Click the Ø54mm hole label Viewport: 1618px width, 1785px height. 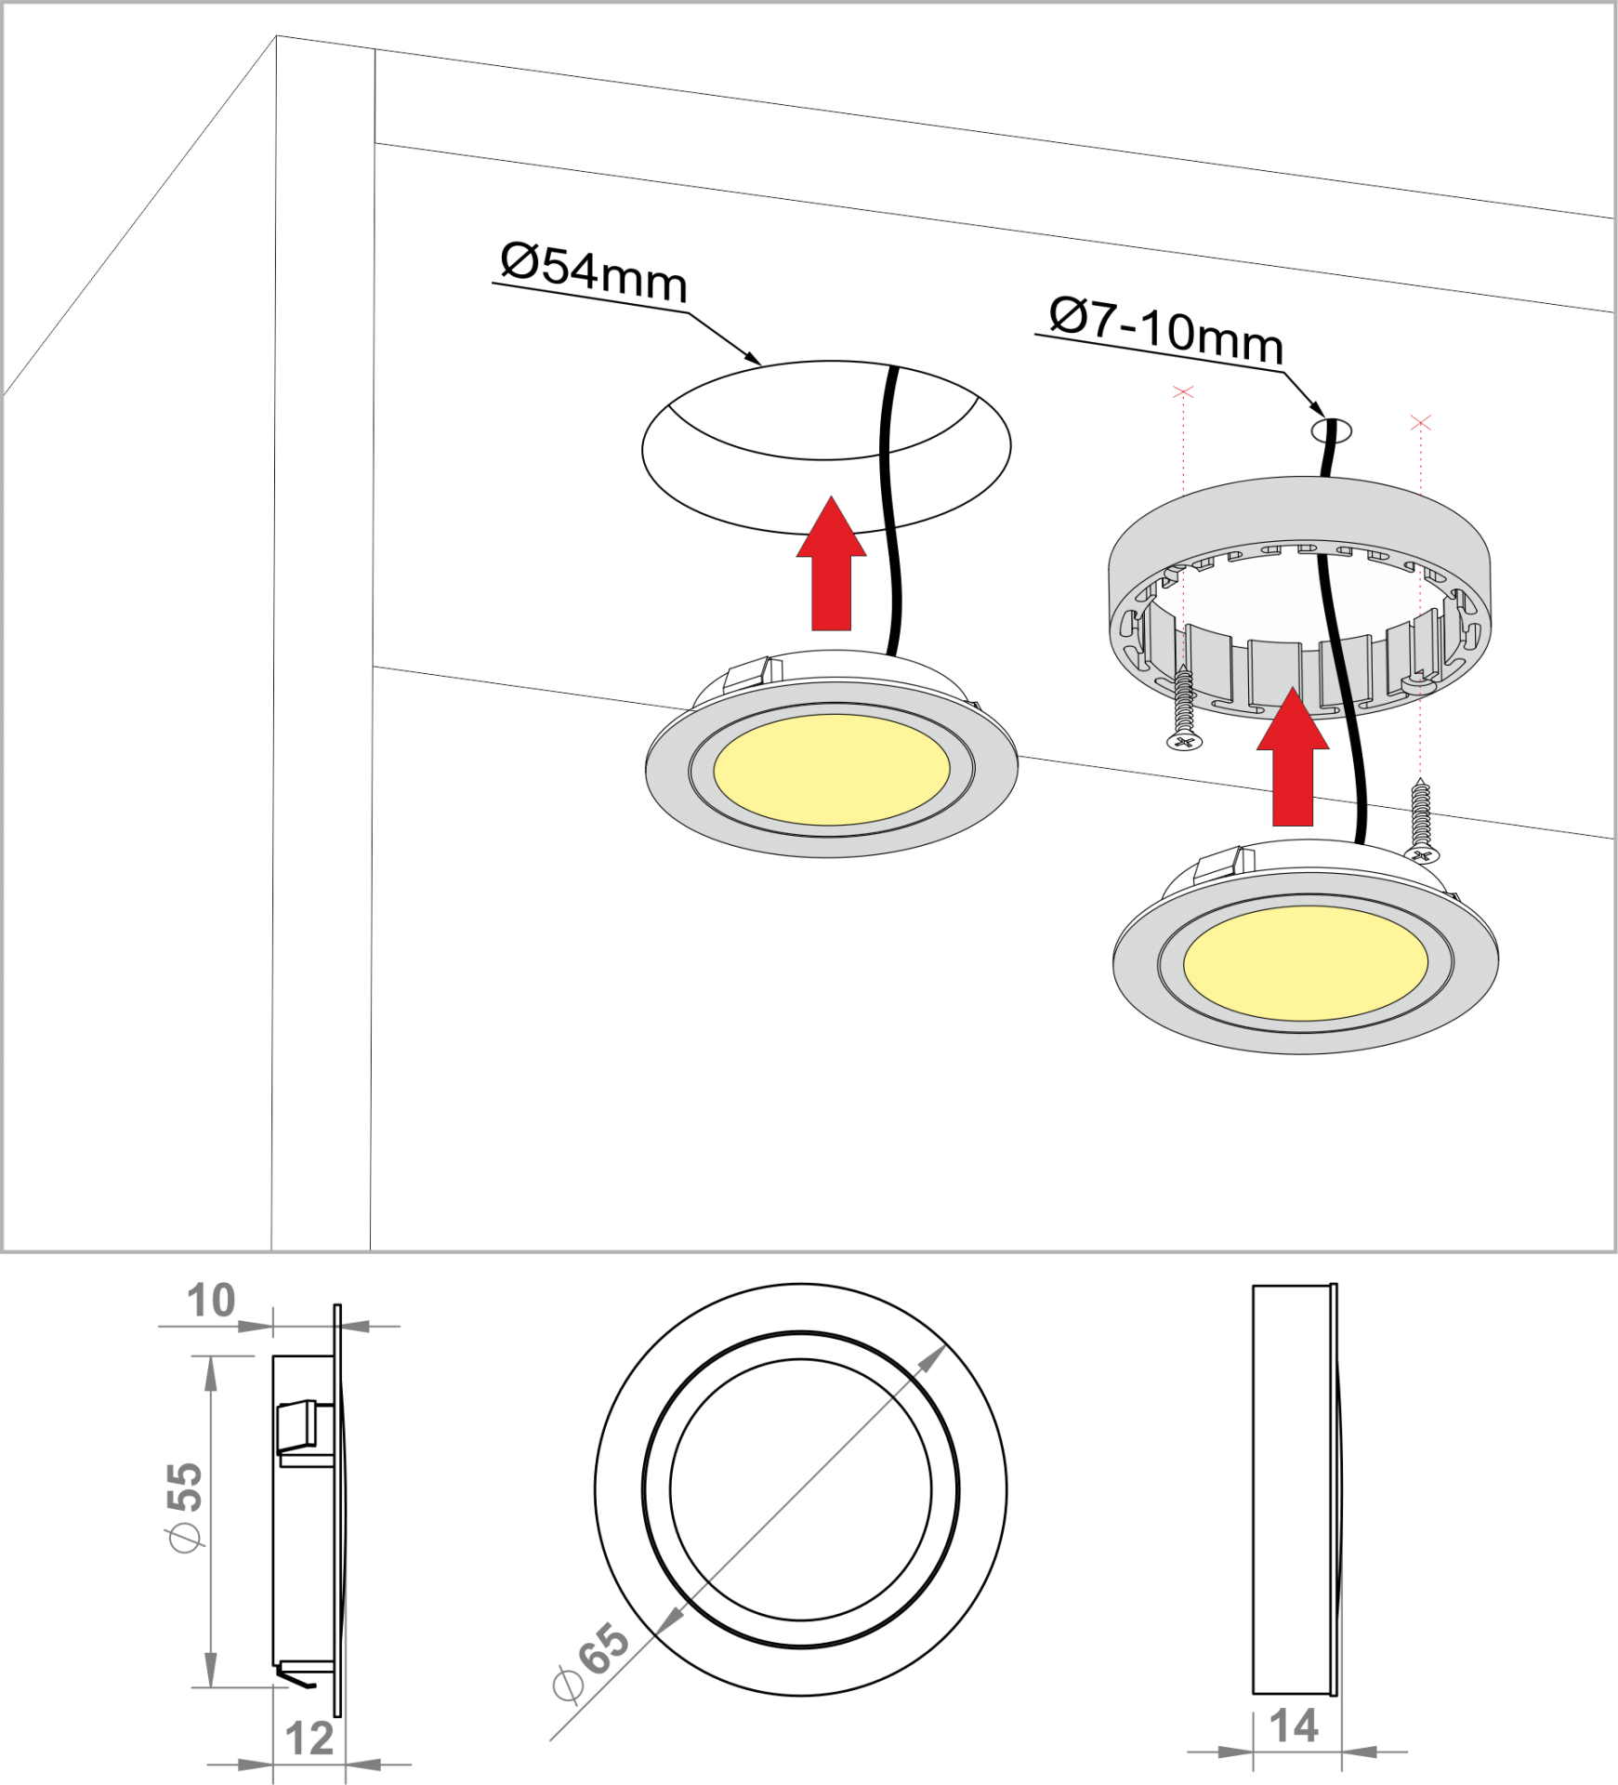594,272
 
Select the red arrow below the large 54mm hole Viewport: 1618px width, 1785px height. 832,563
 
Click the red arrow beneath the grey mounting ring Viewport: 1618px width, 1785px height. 1293,757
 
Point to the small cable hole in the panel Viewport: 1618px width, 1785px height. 1331,430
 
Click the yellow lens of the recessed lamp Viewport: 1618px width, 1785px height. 832,769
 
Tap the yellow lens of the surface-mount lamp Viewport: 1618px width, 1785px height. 1306,963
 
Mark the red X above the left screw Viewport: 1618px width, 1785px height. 1183,392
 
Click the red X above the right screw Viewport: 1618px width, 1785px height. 1420,423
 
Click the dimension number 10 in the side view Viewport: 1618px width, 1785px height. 211,1301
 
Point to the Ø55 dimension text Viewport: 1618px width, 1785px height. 184,1506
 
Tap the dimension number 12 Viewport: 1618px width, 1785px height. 309,1739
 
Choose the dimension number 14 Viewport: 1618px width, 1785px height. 1294,1726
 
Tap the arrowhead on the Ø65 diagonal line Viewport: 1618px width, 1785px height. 931,1360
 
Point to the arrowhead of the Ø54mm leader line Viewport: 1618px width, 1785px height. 753,358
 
